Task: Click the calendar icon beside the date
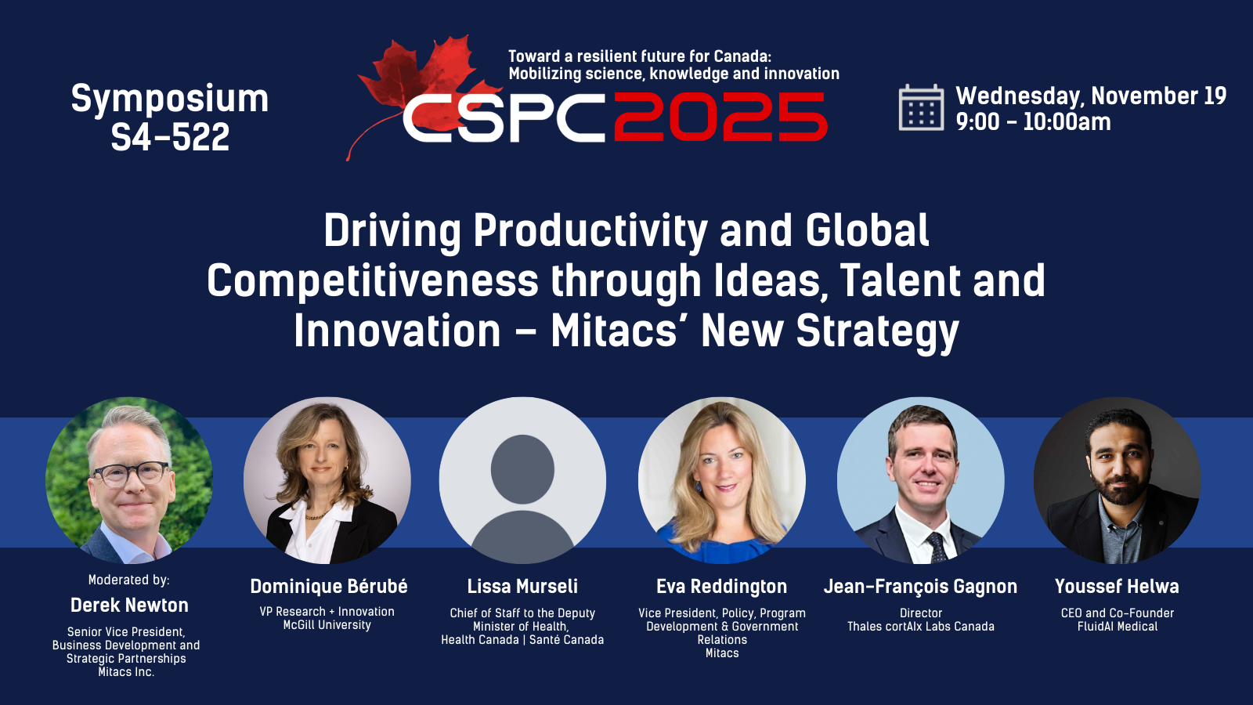tap(921, 108)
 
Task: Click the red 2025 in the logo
tap(720, 117)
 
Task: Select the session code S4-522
tap(170, 137)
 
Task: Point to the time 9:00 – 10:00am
tap(1033, 122)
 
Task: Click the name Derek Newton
tap(129, 605)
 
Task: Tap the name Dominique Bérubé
tap(328, 587)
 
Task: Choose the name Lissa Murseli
tap(522, 587)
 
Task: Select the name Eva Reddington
tap(721, 587)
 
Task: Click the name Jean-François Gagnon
tap(920, 587)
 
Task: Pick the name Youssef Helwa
tap(1117, 587)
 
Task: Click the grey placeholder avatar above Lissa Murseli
tap(522, 480)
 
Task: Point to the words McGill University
tap(327, 625)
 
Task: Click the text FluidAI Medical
tap(1117, 627)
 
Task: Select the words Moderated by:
tap(128, 580)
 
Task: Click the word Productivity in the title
tap(590, 231)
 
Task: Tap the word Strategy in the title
tap(877, 332)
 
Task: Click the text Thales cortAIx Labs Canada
tap(921, 627)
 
